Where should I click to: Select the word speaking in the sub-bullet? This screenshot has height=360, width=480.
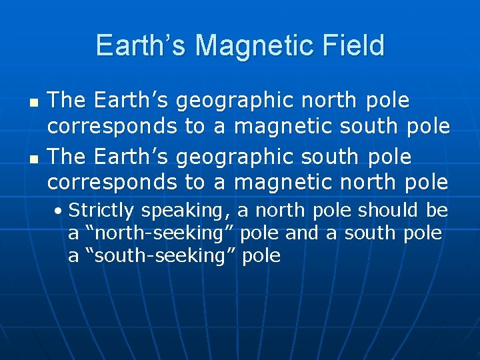tap(184, 211)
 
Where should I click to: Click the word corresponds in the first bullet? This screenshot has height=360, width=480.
tap(112, 125)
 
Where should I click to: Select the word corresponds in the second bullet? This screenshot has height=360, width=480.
tap(112, 182)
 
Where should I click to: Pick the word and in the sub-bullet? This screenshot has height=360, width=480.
tap(301, 233)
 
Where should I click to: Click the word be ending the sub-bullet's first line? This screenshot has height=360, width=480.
tap(437, 211)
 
